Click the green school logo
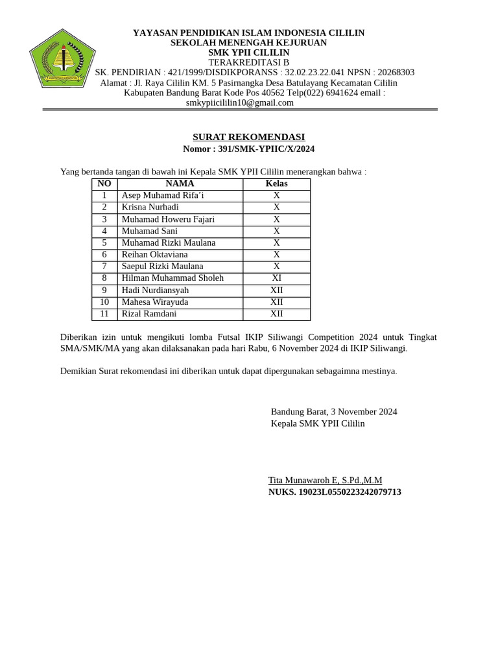pyautogui.click(x=62, y=59)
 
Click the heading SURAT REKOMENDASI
pyautogui.click(x=248, y=137)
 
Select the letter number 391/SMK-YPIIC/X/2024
pyautogui.click(x=267, y=149)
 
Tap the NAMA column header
pyautogui.click(x=180, y=184)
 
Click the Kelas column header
pyautogui.click(x=276, y=184)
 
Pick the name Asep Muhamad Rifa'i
pyautogui.click(x=163, y=195)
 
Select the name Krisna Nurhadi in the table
pyautogui.click(x=150, y=207)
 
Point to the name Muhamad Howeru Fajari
pyautogui.click(x=168, y=219)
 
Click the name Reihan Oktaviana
pyautogui.click(x=154, y=254)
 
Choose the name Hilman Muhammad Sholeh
pyautogui.click(x=172, y=278)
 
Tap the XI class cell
pyautogui.click(x=276, y=278)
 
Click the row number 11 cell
pyautogui.click(x=104, y=314)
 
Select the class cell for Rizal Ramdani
pyautogui.click(x=276, y=314)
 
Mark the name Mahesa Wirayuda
pyautogui.click(x=155, y=302)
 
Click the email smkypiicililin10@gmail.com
pyautogui.click(x=240, y=102)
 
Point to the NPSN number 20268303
pyautogui.click(x=395, y=72)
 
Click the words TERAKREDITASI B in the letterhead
pyautogui.click(x=248, y=62)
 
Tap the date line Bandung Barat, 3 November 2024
pyautogui.click(x=334, y=412)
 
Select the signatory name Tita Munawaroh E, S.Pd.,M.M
pyautogui.click(x=325, y=480)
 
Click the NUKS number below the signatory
pyautogui.click(x=335, y=492)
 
